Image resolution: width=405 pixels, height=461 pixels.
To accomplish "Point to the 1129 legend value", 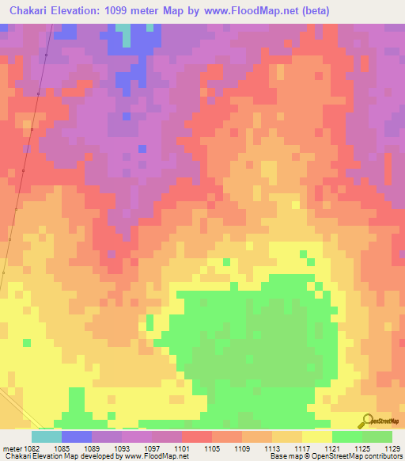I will (392, 448).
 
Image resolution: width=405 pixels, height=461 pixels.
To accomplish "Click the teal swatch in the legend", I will (46, 436).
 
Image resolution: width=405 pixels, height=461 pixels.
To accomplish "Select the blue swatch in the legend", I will (76, 436).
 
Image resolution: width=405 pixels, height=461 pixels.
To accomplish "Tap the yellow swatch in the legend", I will (316, 436).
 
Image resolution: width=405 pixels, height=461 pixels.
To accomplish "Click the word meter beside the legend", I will (12, 448).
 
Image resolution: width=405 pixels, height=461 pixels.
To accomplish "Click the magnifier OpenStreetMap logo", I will (366, 421).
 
